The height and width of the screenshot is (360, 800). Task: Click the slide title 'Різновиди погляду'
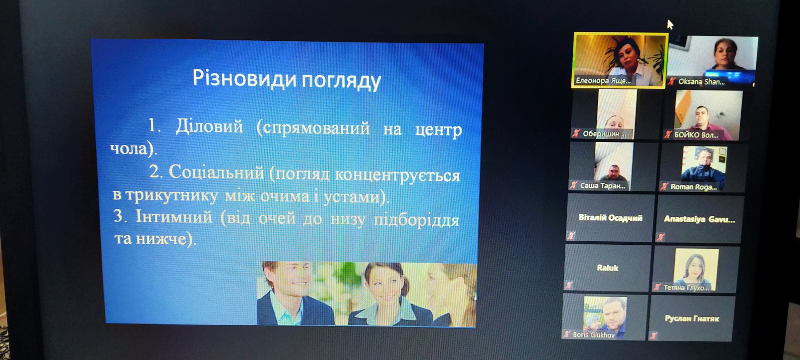(x=287, y=80)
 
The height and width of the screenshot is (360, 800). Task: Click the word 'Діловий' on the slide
(x=209, y=126)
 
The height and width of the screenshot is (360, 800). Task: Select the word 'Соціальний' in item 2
(x=216, y=172)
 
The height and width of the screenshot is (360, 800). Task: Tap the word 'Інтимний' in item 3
(x=174, y=216)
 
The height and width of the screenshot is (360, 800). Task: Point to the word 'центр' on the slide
(x=438, y=130)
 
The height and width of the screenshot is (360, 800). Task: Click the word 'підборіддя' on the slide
(x=416, y=220)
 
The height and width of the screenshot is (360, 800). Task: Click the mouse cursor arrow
(x=670, y=24)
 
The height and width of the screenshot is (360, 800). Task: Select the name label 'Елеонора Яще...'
(x=603, y=81)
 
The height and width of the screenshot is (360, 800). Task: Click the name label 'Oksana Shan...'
(x=701, y=82)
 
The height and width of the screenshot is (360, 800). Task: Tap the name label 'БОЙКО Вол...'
(x=696, y=135)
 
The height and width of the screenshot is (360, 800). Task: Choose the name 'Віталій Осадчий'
(x=610, y=218)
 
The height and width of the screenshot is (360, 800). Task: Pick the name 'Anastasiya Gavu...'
(x=699, y=219)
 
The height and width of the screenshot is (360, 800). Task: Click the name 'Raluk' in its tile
(x=608, y=268)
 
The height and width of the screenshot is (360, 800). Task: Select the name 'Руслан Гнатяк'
(x=692, y=319)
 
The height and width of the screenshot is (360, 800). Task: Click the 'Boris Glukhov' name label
(x=593, y=335)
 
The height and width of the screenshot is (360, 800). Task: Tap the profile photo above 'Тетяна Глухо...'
(x=696, y=269)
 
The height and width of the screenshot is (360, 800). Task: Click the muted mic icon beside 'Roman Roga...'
(x=664, y=187)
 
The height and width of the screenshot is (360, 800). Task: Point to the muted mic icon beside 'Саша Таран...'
(x=574, y=185)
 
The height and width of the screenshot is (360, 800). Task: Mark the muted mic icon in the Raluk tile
(x=569, y=285)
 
